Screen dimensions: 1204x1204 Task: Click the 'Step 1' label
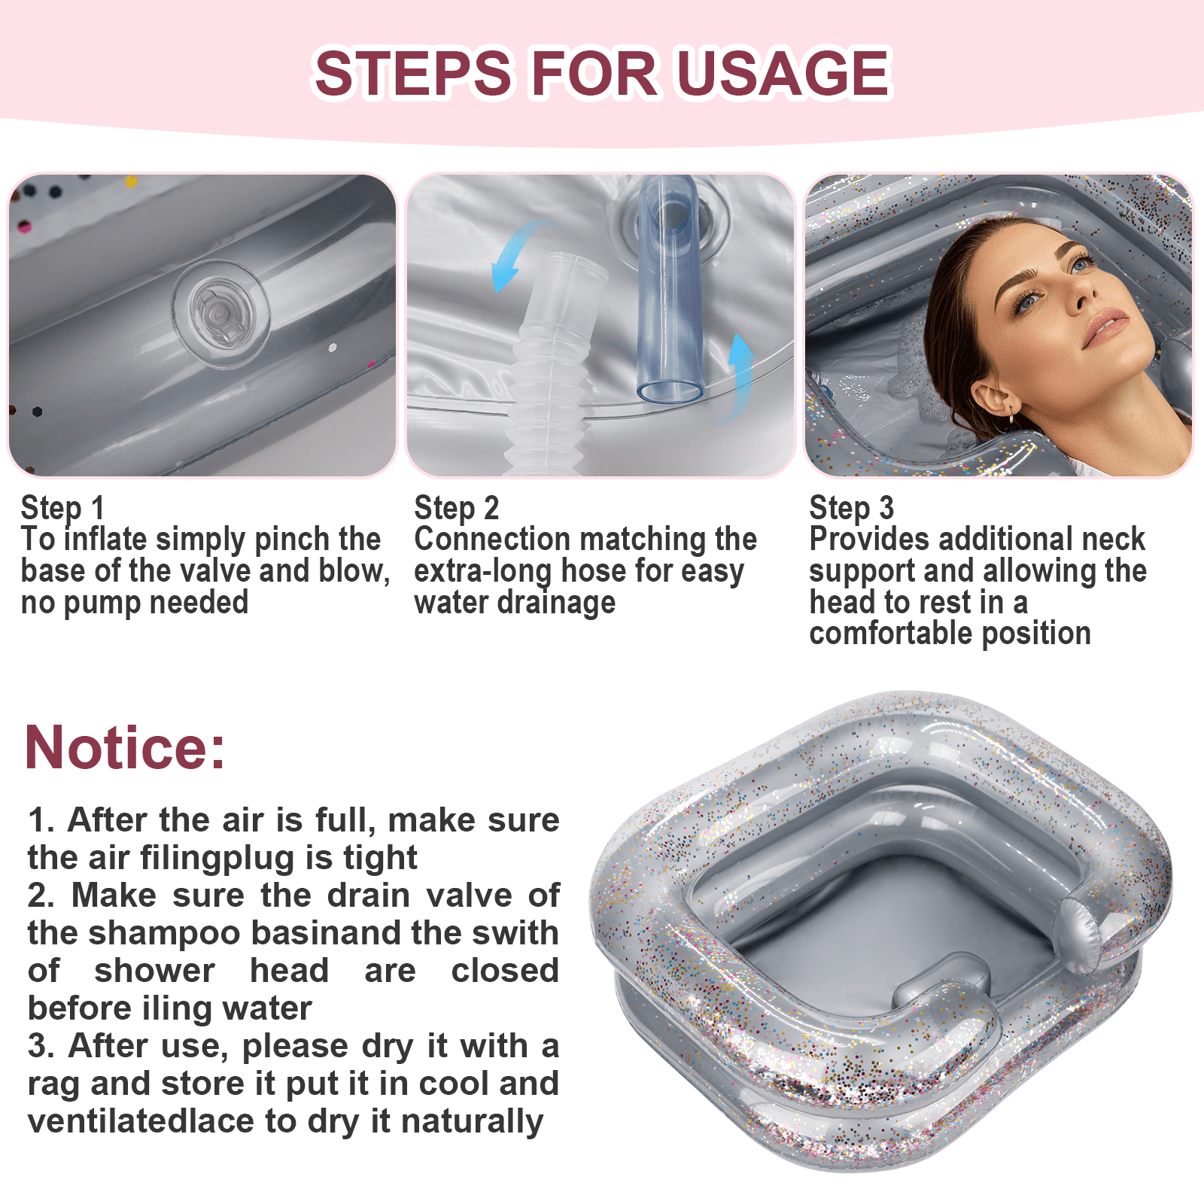[x=62, y=508]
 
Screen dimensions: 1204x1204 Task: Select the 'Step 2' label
[x=456, y=508]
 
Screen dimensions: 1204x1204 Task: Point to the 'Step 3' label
[x=851, y=508]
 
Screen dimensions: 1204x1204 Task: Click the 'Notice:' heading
[x=125, y=747]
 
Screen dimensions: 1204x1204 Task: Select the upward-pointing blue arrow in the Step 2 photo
[x=740, y=376]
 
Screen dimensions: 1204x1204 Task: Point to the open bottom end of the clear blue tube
[x=670, y=391]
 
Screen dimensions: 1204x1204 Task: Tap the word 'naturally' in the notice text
[x=472, y=1121]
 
